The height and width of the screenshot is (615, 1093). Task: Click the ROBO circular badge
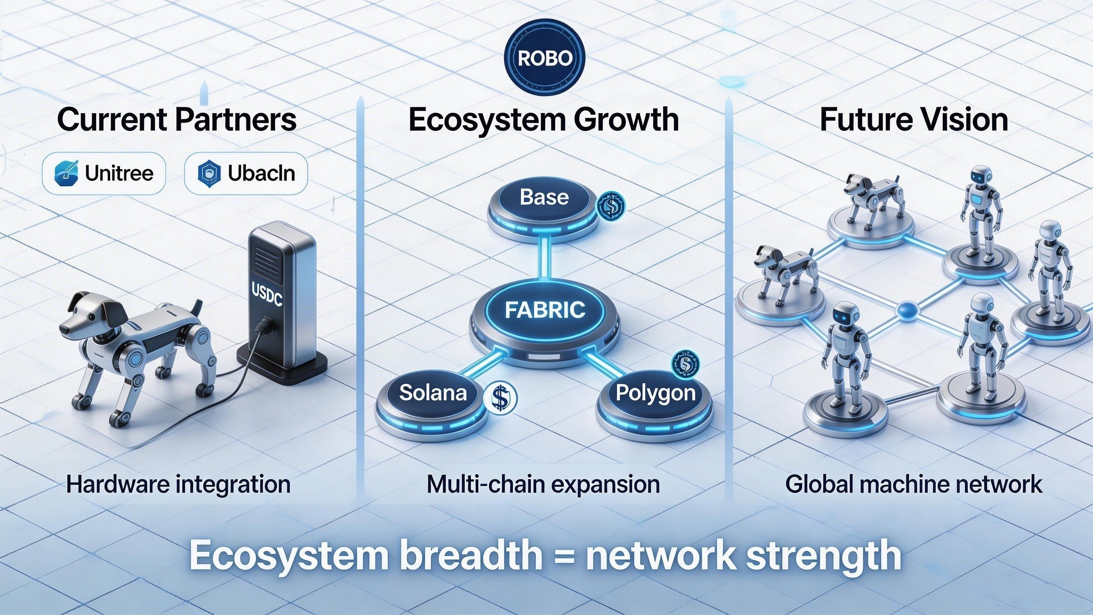(544, 59)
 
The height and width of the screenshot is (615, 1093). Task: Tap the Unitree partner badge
(104, 173)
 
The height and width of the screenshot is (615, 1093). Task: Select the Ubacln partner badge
(246, 173)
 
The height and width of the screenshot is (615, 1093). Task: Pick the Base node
(544, 198)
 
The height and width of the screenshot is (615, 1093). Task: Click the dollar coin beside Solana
(500, 398)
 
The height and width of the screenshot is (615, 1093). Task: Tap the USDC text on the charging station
(267, 295)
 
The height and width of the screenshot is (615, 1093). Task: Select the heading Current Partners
(176, 120)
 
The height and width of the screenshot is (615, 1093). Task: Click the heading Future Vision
(914, 120)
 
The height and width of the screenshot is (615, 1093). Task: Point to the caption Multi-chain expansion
(543, 485)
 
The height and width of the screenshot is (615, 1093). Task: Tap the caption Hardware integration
(178, 485)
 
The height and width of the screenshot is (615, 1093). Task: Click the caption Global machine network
(914, 485)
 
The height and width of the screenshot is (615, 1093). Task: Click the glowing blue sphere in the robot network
(904, 311)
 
